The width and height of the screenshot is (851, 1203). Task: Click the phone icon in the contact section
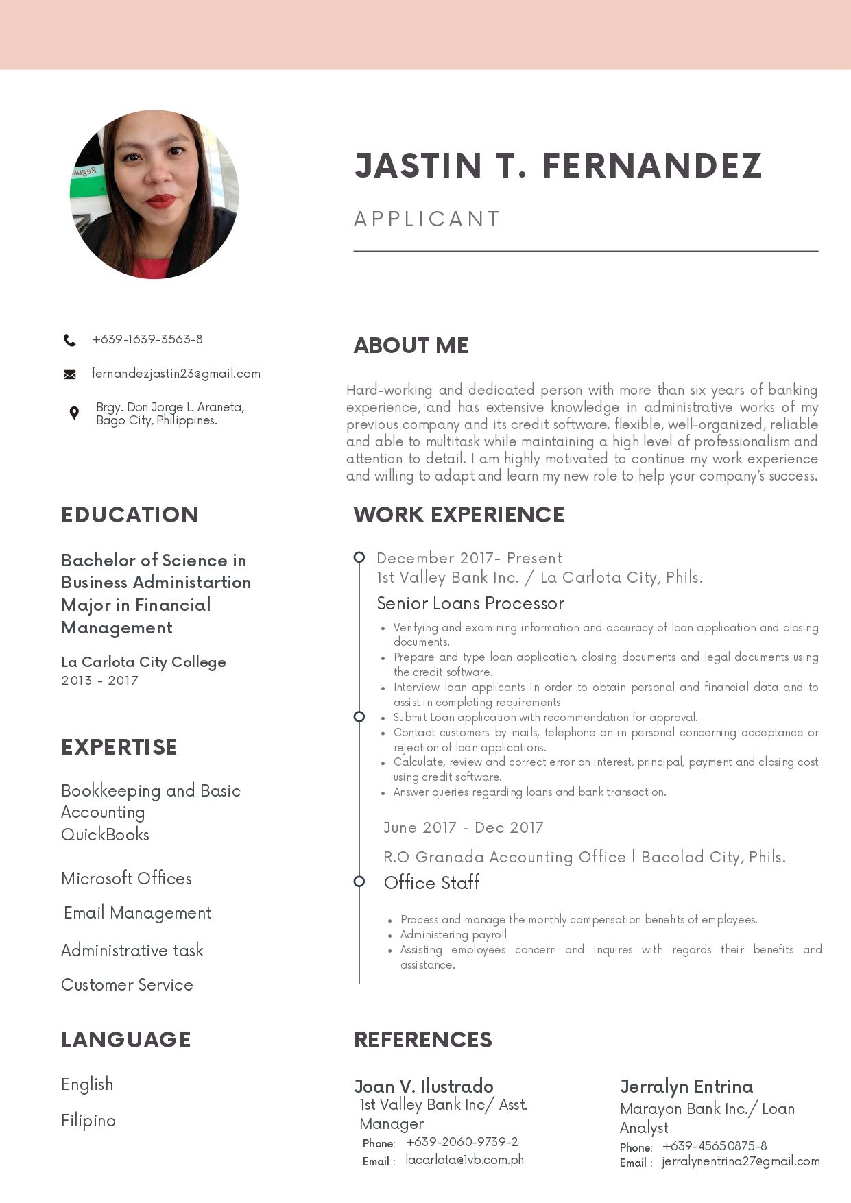(x=70, y=340)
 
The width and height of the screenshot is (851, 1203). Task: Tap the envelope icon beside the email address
(x=70, y=374)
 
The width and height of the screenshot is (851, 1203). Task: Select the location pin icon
(x=74, y=413)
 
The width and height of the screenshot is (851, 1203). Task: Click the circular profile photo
(x=154, y=195)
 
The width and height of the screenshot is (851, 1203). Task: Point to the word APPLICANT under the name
(x=427, y=219)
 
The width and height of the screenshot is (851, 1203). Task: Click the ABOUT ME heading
(x=411, y=345)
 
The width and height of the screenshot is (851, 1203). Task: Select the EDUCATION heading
(x=130, y=515)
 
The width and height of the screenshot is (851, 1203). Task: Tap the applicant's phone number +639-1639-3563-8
(x=147, y=339)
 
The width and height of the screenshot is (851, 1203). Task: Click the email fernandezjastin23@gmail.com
(x=176, y=374)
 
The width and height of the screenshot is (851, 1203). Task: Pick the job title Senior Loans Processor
(x=470, y=603)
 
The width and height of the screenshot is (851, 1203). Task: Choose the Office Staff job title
(x=431, y=882)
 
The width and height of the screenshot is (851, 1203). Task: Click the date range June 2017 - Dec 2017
(x=463, y=827)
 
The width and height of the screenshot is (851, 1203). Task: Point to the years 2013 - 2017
(x=99, y=681)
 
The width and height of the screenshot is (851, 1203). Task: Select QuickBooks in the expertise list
(x=105, y=834)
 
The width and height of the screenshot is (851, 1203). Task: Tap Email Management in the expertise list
(x=137, y=913)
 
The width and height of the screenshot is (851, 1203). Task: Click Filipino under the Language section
(x=88, y=1121)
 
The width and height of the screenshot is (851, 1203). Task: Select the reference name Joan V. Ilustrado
(x=424, y=1086)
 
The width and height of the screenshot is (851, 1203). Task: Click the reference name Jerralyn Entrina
(x=686, y=1086)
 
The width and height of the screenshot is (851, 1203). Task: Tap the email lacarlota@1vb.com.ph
(x=464, y=1160)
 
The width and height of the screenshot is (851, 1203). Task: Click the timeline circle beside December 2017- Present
(x=359, y=557)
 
